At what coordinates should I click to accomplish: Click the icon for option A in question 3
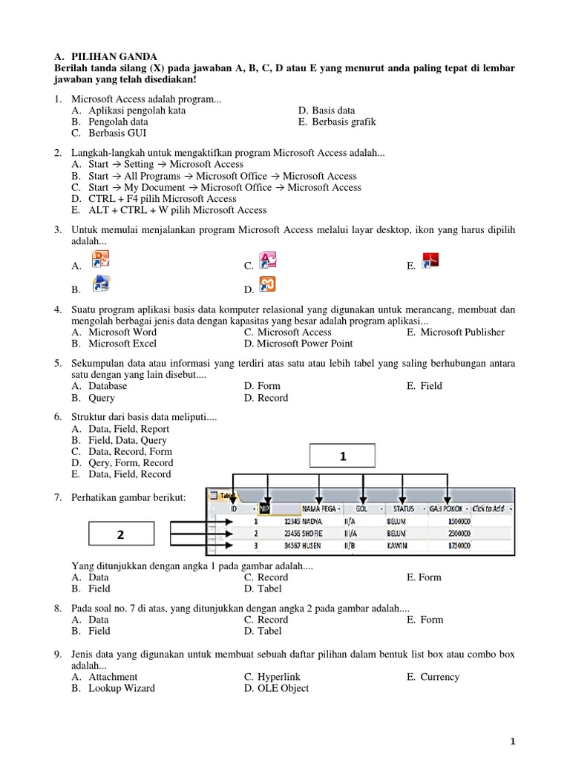(100, 261)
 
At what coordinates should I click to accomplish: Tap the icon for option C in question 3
(267, 261)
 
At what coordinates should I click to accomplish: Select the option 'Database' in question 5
(108, 386)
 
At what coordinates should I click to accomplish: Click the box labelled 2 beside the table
(121, 534)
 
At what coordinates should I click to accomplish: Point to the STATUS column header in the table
(404, 508)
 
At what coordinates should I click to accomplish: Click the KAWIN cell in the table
(399, 544)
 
